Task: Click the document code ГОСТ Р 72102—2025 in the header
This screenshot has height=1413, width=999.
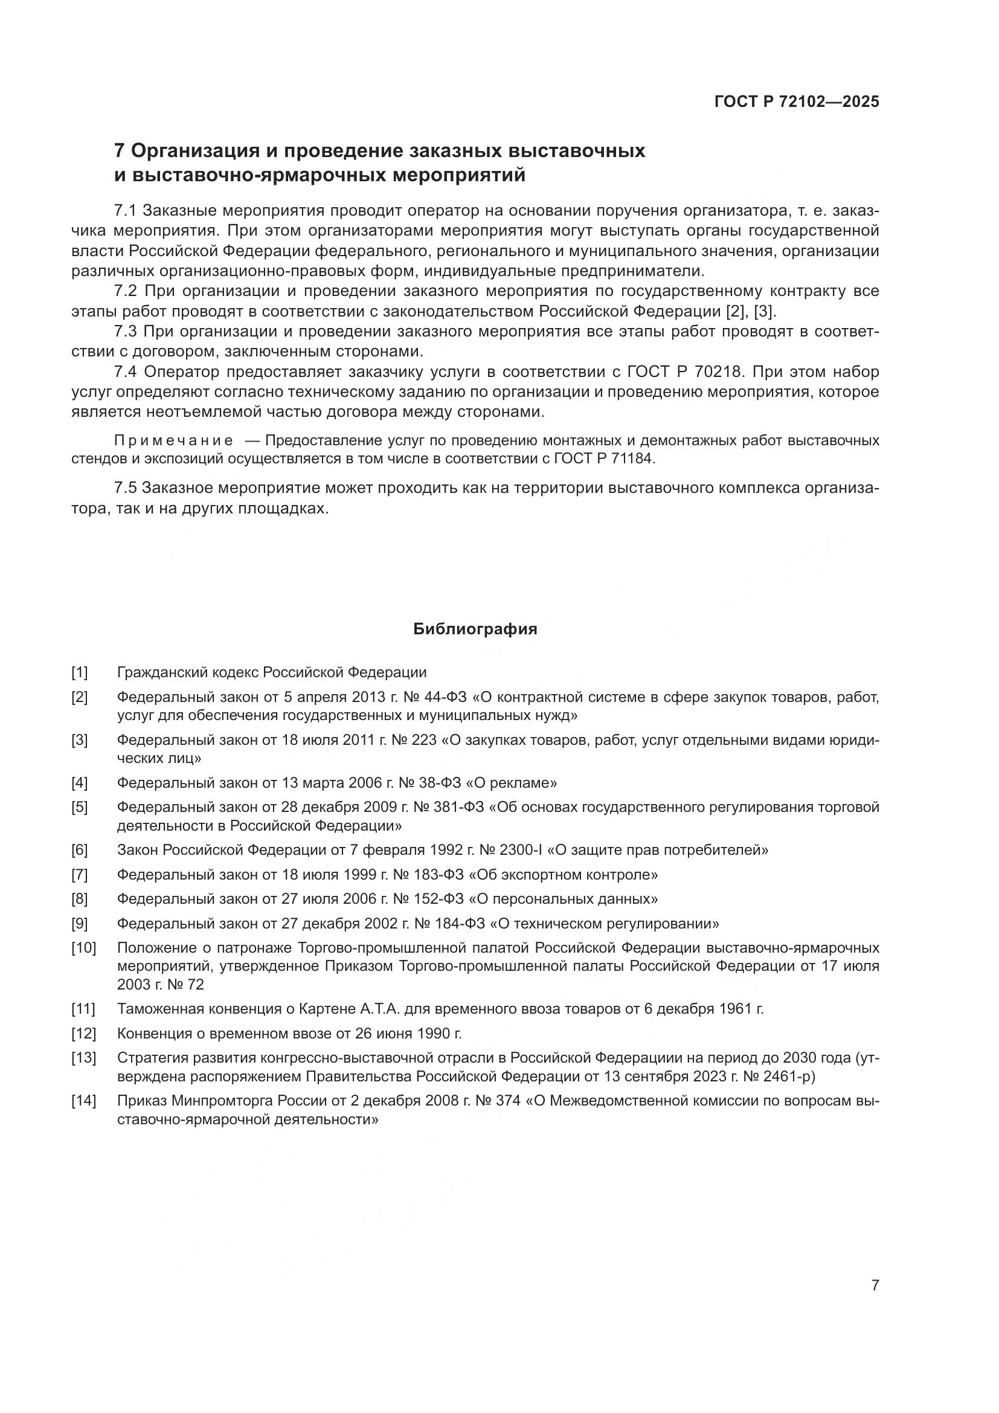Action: pos(797,101)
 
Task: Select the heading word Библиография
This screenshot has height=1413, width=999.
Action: pos(475,629)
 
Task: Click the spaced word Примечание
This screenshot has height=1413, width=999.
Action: pos(173,440)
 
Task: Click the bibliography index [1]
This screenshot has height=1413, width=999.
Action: pos(80,672)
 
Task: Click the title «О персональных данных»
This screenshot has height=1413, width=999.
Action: pos(563,899)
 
